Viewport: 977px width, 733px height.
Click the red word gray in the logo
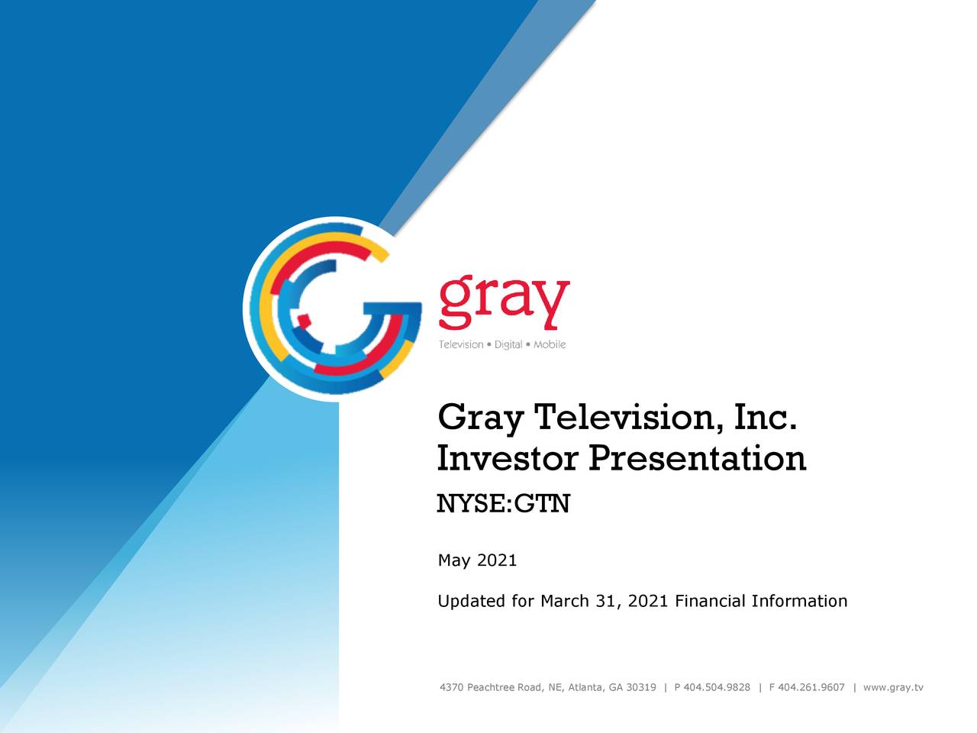coord(504,301)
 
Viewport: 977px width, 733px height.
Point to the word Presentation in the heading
coord(697,458)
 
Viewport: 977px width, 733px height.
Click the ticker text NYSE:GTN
coord(503,504)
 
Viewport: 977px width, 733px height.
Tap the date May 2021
coord(477,560)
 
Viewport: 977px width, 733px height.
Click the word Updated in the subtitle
coord(472,602)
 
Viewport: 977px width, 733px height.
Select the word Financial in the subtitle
coord(710,601)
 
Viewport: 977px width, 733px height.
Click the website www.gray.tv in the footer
coord(892,687)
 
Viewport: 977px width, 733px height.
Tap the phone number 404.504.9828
coord(717,687)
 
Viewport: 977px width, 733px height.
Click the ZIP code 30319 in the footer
coord(640,687)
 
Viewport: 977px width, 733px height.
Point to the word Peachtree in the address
coord(491,687)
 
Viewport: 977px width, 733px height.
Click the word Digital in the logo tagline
coord(508,344)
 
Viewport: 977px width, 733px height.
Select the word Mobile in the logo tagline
coord(550,344)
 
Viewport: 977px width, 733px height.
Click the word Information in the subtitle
coord(799,601)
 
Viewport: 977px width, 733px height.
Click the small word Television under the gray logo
coord(461,344)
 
